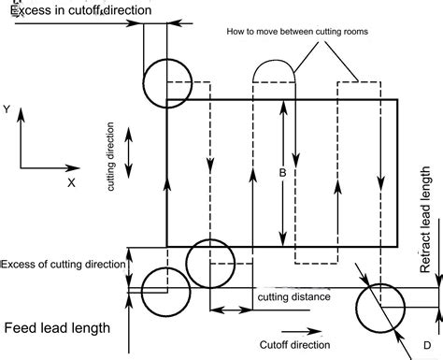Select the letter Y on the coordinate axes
(7, 110)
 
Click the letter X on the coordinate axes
(70, 183)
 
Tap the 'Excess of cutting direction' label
(63, 264)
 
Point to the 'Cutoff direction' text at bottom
(293, 344)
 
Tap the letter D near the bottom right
(426, 346)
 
